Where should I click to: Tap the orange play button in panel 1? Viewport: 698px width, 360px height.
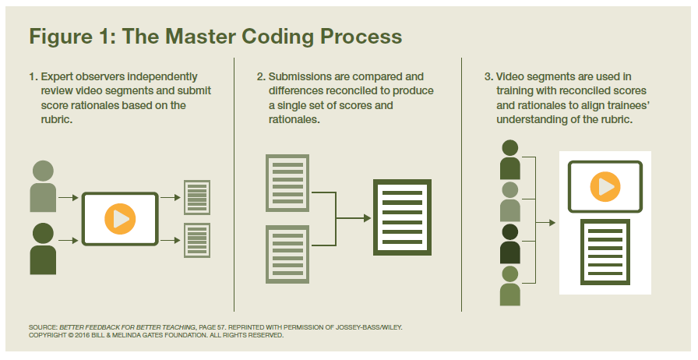pyautogui.click(x=120, y=219)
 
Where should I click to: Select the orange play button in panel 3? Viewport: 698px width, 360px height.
pyautogui.click(x=605, y=186)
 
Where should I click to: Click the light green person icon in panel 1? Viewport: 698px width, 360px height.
pyautogui.click(x=43, y=186)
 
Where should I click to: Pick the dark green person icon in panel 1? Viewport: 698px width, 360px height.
pyautogui.click(x=43, y=249)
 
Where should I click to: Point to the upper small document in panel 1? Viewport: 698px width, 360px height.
pyautogui.click(x=197, y=197)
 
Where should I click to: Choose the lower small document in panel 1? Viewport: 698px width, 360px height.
pyautogui.click(x=197, y=241)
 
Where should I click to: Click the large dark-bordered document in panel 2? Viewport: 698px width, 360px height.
pyautogui.click(x=403, y=217)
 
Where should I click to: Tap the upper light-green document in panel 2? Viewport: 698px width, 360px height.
pyautogui.click(x=287, y=183)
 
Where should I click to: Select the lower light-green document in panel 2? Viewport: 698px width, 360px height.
pyautogui.click(x=287, y=254)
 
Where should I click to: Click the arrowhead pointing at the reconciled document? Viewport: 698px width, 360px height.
pyautogui.click(x=367, y=218)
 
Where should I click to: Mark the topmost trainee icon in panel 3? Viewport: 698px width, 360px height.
pyautogui.click(x=510, y=160)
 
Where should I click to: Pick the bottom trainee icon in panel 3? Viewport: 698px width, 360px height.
pyautogui.click(x=510, y=286)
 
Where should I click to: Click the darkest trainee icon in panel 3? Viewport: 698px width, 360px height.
pyautogui.click(x=510, y=244)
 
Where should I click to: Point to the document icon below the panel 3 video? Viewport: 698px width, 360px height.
pyautogui.click(x=605, y=252)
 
